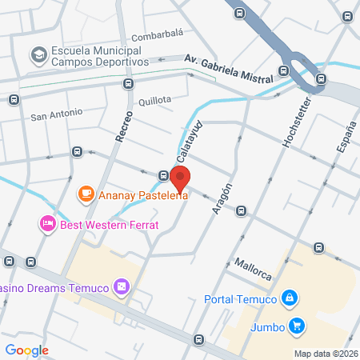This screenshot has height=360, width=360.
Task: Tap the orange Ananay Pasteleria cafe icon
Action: [86, 193]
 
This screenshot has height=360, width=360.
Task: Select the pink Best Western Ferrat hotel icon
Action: [47, 222]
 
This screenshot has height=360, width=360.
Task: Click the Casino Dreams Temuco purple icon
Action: [121, 286]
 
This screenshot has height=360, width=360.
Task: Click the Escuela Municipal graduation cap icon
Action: [38, 55]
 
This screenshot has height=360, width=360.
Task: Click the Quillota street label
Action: [154, 100]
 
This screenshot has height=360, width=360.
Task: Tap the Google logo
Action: [26, 350]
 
